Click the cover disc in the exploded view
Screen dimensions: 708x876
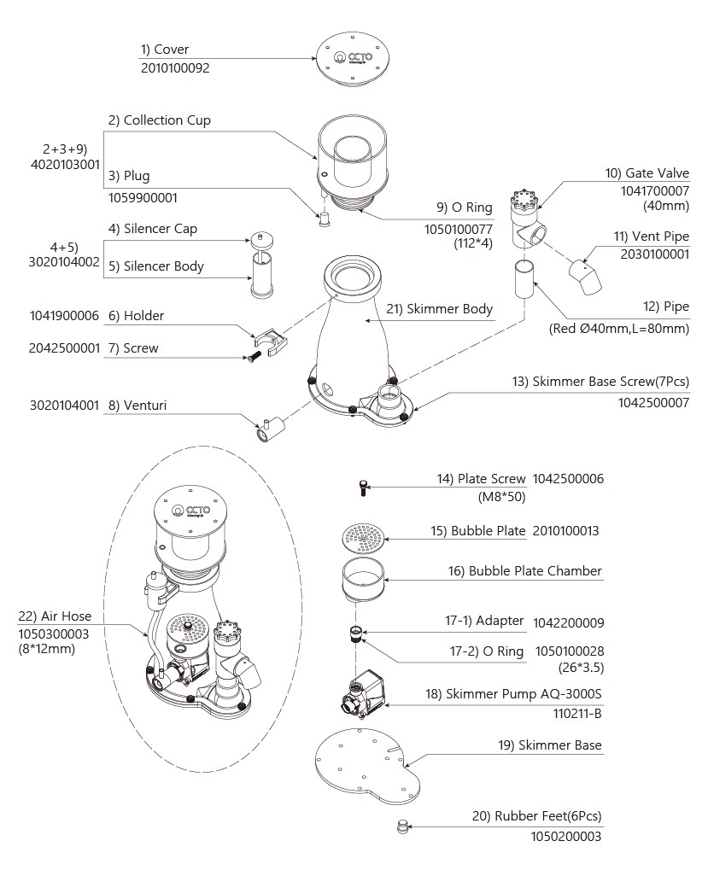pos(353,59)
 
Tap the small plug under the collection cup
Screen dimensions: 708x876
pos(324,219)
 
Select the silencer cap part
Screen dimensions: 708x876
pos(261,240)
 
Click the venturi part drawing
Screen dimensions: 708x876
pos(270,429)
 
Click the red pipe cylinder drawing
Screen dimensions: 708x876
pos(525,278)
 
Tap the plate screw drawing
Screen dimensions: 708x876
pos(363,488)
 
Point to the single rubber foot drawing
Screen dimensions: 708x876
pos(401,826)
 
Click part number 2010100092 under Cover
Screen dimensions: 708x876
pos(175,68)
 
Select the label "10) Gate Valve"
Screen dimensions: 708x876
pos(647,173)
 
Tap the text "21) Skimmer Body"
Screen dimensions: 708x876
pos(439,309)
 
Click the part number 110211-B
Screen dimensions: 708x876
pos(577,714)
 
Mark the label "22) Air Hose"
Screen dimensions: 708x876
pos(55,616)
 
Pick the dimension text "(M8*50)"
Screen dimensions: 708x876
pos(502,497)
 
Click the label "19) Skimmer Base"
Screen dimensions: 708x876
pos(550,745)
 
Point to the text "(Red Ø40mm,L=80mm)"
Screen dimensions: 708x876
pos(619,329)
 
